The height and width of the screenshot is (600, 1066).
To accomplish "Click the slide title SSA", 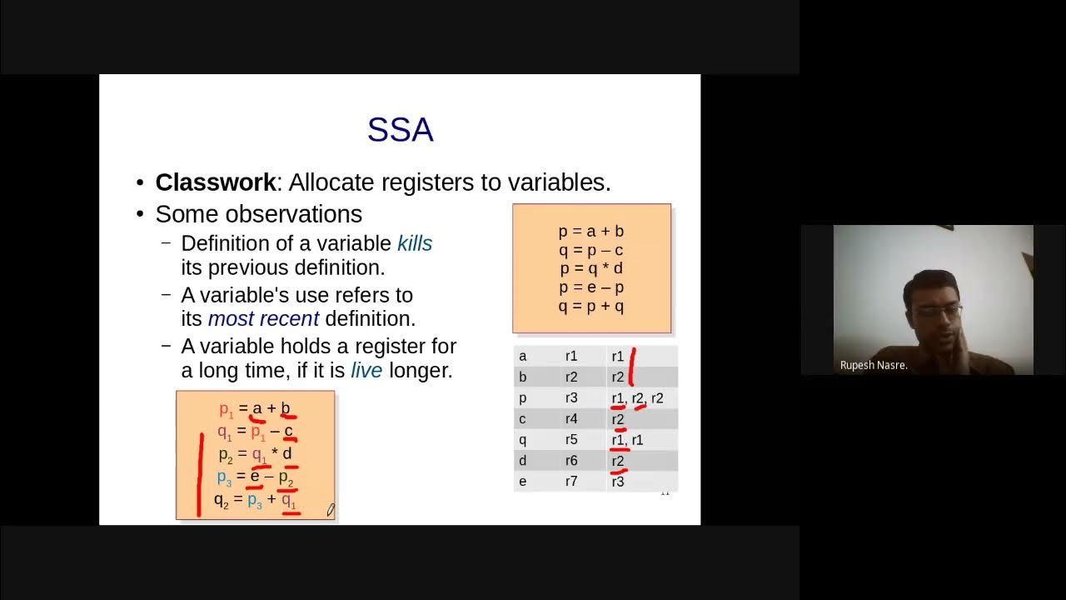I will (x=400, y=130).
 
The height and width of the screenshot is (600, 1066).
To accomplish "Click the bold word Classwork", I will (x=215, y=182).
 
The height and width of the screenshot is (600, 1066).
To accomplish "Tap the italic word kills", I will (x=415, y=243).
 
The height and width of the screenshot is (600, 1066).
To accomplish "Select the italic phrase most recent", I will (x=263, y=318).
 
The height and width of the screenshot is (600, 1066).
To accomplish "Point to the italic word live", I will (x=366, y=370).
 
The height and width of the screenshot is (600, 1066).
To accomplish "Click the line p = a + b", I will (x=591, y=232).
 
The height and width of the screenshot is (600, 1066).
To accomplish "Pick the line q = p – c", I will (x=591, y=250).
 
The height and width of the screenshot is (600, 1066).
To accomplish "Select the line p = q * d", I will (x=591, y=268).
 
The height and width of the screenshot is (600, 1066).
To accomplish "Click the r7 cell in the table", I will (x=571, y=482).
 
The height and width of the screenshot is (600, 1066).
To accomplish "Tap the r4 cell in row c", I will (x=571, y=419).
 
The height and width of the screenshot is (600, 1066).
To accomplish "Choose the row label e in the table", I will (x=523, y=482).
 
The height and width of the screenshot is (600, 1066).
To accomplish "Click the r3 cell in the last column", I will (x=618, y=482).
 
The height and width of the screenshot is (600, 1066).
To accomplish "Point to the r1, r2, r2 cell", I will (x=637, y=398).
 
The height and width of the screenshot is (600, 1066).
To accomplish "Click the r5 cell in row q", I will (x=571, y=440).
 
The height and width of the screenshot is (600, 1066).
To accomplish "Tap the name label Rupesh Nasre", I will (x=874, y=365).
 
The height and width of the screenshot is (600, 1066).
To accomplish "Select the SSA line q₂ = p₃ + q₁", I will (x=255, y=500).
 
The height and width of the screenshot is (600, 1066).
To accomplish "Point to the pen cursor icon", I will (x=331, y=509).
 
